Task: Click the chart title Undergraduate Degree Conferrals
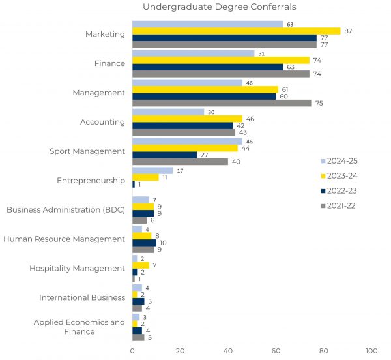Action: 219,7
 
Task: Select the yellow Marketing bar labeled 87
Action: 236,31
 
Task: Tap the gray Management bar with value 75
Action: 222,103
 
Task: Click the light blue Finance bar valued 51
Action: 193,53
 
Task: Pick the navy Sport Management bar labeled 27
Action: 164,155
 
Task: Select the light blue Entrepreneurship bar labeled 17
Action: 152,170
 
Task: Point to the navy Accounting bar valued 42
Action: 182,125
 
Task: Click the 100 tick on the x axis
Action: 371,351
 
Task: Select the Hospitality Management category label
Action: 77,268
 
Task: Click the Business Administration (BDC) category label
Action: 65,209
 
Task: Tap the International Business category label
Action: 82,297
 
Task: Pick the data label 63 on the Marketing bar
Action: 291,24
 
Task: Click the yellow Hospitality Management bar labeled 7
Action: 140,265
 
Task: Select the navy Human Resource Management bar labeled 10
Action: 144,243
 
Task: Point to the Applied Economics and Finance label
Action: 80,327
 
